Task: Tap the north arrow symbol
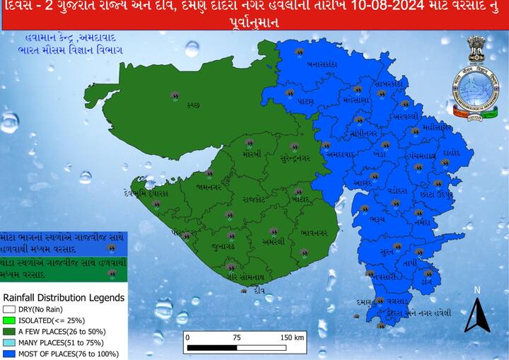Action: (477, 315)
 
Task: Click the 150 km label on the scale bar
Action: (292, 337)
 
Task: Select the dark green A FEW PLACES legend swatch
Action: (8, 330)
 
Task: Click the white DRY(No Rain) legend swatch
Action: (8, 308)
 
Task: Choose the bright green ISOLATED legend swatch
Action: (8, 319)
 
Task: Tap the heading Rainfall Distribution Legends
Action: (64, 298)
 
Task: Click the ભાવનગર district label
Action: (314, 232)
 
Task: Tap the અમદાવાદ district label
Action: (339, 153)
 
